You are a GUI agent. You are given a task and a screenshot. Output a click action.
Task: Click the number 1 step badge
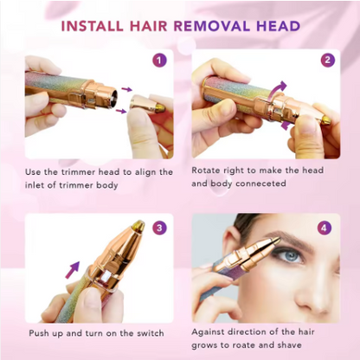pos(158,61)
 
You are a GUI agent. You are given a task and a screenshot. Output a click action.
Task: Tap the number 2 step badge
pos(327,61)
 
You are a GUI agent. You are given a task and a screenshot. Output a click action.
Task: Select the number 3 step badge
pos(158,228)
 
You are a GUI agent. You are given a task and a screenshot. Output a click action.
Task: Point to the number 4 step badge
pos(324,228)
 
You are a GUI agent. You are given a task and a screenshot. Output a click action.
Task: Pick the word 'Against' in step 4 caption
pos(210,333)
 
